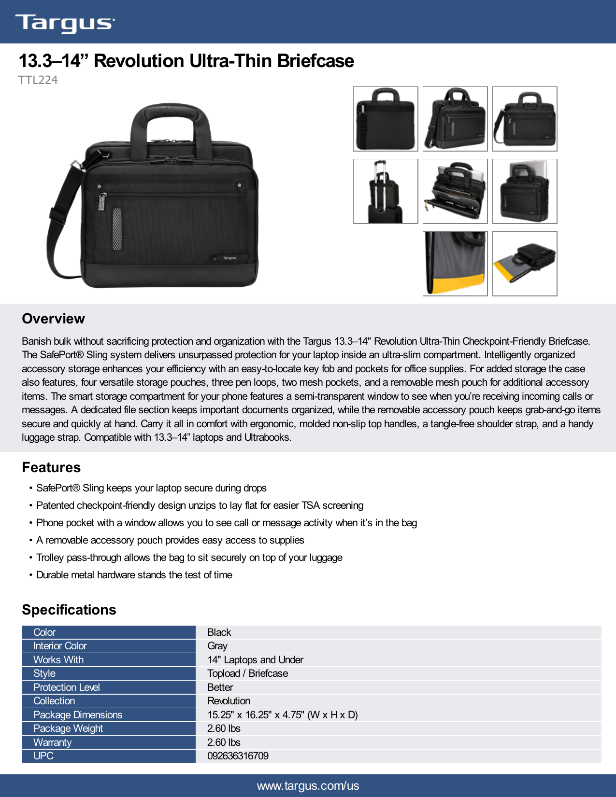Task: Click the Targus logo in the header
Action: coord(65,23)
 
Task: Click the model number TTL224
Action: coord(38,80)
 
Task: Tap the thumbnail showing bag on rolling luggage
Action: coord(386,191)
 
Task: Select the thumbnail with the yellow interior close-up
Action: coord(455,264)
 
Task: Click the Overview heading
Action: coord(53,319)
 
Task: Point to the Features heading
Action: coord(51,467)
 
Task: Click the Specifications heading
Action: coord(69,610)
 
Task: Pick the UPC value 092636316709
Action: coord(238,756)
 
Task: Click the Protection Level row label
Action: coord(67,687)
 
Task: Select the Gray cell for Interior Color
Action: coord(217,646)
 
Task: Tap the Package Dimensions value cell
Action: coord(283,715)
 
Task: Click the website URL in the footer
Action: coord(308,786)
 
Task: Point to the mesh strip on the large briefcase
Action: coord(117,229)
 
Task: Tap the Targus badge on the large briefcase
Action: coord(229,258)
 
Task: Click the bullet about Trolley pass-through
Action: coord(189,558)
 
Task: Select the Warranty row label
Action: coord(53,742)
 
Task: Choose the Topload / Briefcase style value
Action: coord(247,673)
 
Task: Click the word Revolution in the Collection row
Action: coord(229,701)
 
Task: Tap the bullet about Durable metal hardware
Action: coord(134,575)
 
